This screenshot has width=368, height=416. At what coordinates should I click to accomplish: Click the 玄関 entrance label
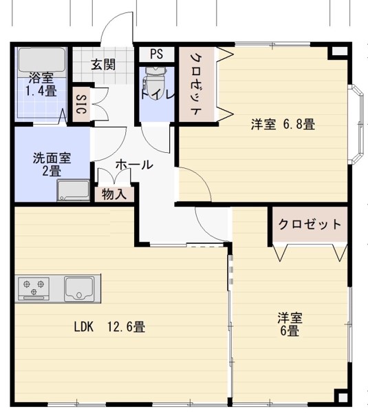click(103, 65)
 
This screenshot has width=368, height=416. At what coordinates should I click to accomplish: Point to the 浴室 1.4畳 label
click(41, 85)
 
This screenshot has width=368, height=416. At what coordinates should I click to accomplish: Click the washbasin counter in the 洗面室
click(73, 190)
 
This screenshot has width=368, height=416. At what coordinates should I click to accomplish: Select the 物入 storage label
click(113, 194)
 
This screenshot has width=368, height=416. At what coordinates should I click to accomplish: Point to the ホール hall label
click(133, 165)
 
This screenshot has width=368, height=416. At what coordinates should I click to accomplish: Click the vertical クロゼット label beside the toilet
click(195, 85)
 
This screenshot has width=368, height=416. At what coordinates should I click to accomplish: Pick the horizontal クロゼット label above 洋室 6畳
click(309, 224)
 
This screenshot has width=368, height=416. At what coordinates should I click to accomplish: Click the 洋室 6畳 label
click(290, 324)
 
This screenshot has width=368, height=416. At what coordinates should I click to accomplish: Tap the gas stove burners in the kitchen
click(32, 287)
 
